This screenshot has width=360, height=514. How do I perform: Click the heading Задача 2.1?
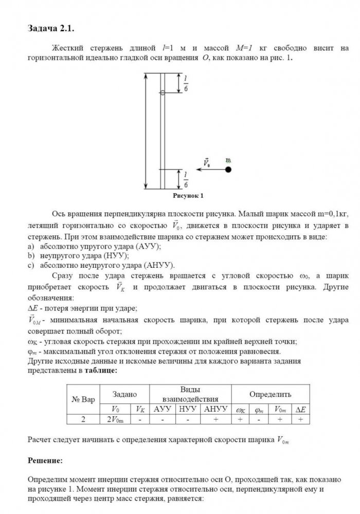pos(54,27)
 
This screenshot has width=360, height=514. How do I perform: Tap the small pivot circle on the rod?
pos(163,93)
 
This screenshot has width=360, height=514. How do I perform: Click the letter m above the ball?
pos(228,160)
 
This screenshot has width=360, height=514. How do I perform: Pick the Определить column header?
pos(270,394)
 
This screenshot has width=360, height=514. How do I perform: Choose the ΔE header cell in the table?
pos(300,409)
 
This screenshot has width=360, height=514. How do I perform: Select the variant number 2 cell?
pos(83,419)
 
